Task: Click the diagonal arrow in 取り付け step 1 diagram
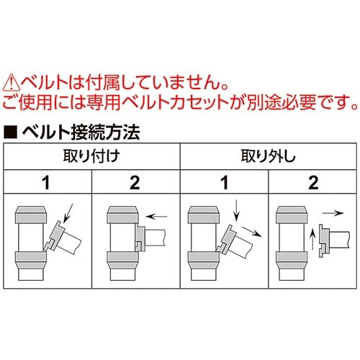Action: [x=68, y=213]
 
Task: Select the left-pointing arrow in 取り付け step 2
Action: [x=158, y=214]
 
